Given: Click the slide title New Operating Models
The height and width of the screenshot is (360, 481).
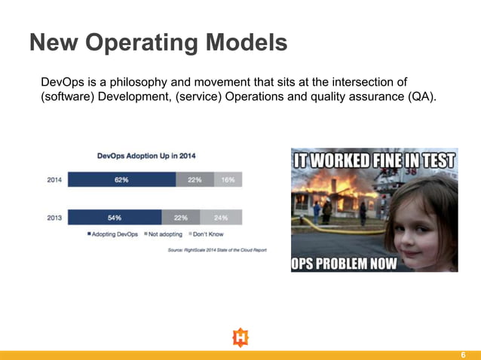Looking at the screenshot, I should pos(158,42).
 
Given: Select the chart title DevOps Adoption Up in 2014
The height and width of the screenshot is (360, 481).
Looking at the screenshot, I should pos(147,157).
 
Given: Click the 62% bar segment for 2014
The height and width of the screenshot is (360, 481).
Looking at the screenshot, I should pos(121,180).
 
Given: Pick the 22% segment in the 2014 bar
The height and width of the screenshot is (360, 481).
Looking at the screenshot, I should pos(194,180).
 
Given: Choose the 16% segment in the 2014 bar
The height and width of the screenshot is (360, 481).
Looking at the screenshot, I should pos(228,180).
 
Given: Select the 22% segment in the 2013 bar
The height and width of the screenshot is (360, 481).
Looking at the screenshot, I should pos(181,218).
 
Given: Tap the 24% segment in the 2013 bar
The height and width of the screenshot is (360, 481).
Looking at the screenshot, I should pos(221,218).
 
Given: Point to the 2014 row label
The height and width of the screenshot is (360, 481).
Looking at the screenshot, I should pos(54,180).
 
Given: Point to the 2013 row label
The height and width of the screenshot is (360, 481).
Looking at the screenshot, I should pos(54,218).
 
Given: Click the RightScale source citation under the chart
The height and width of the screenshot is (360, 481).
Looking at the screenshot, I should pos(216,250).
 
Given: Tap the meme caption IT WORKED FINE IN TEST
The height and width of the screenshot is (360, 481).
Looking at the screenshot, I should pos(374,161).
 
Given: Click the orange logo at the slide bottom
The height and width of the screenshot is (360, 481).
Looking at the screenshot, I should pos(240,337).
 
